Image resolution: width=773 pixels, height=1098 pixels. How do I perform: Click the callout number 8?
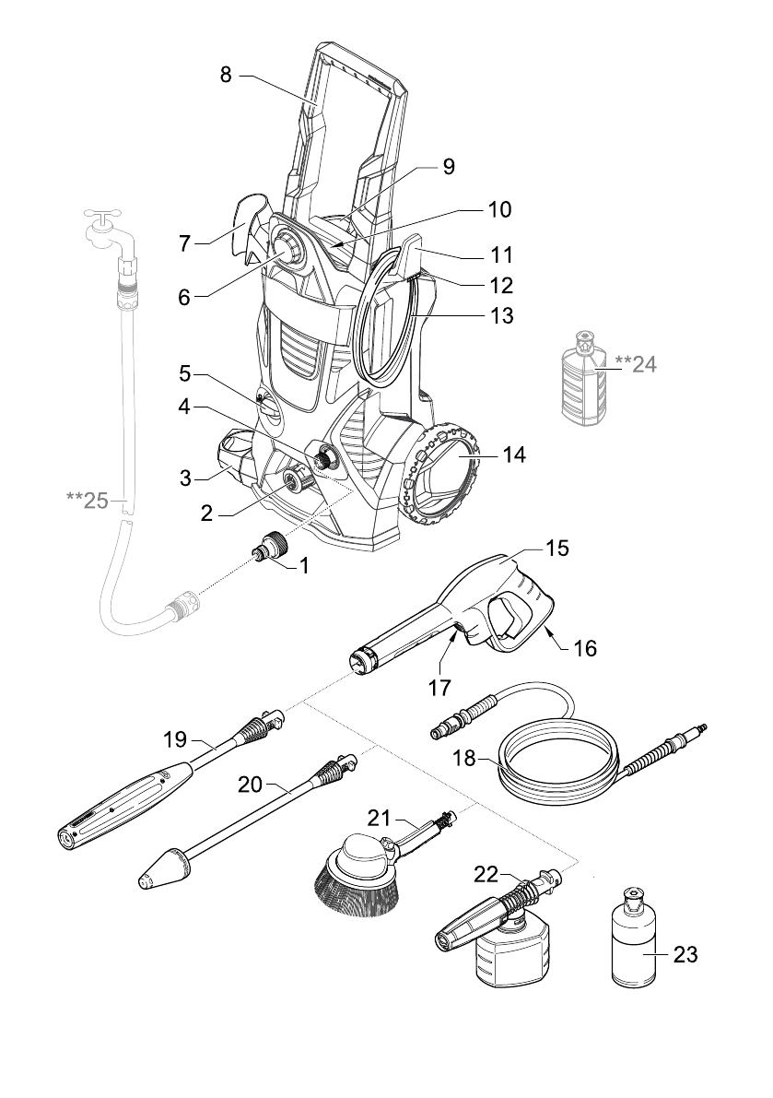(x=225, y=75)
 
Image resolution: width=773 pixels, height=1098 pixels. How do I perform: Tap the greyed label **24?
(x=636, y=363)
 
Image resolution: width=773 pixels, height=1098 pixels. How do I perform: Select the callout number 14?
(x=514, y=455)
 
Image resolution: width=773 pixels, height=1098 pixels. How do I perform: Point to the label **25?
(x=88, y=500)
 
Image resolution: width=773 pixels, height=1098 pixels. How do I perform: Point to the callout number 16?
(x=585, y=649)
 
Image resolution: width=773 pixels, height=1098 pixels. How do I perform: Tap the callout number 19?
(x=176, y=738)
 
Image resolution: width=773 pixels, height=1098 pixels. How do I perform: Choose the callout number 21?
(x=382, y=817)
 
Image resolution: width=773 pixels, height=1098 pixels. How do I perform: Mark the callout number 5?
(x=184, y=374)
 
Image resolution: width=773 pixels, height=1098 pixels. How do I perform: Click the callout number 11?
(x=501, y=254)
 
